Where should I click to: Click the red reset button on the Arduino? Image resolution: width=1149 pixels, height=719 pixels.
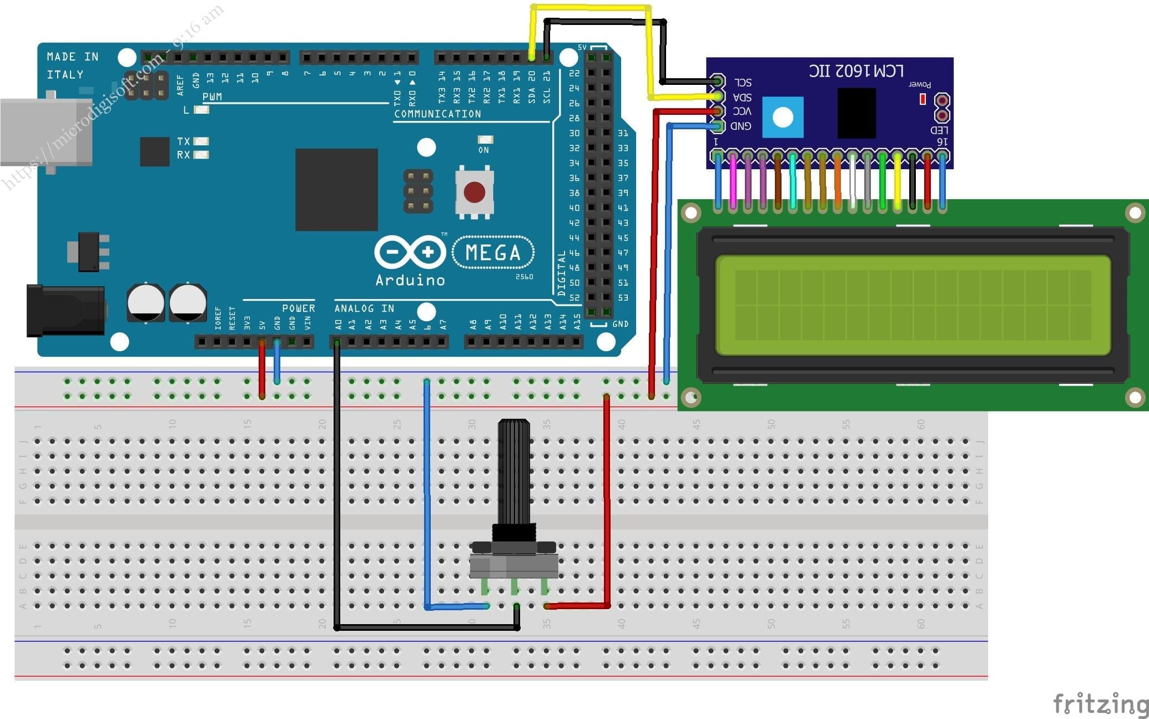point(474,193)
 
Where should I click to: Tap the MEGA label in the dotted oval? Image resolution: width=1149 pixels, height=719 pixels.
point(493,253)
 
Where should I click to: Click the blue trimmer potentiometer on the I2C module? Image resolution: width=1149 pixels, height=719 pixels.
point(783,117)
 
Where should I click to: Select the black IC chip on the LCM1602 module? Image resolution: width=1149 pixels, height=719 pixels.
point(856,113)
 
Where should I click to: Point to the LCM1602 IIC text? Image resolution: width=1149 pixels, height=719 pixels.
point(856,71)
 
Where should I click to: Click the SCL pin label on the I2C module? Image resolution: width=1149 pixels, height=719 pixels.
point(742,83)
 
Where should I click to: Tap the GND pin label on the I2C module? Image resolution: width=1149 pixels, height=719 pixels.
point(740,126)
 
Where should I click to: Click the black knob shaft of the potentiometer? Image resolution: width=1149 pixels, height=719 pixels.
point(513,472)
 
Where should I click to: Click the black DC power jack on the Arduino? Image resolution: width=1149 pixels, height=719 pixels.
point(65,311)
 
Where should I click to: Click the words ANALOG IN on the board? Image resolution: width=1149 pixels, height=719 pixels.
point(364,308)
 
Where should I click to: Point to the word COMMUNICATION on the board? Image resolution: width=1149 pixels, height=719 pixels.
point(437,114)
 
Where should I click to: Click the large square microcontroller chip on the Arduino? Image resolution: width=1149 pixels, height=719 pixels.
point(336,189)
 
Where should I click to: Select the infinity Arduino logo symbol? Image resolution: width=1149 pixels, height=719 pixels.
point(410,252)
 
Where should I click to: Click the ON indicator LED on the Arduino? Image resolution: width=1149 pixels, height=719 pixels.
point(485,140)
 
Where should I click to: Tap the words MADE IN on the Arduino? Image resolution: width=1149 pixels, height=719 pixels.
point(72,57)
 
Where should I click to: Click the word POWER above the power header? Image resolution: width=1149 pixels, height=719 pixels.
point(298,308)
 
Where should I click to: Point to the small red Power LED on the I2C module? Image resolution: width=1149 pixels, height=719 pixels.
point(923,99)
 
